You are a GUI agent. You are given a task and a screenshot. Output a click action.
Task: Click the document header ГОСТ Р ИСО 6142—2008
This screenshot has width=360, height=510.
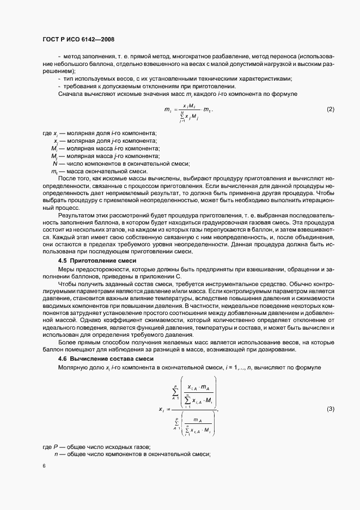tap(77, 40)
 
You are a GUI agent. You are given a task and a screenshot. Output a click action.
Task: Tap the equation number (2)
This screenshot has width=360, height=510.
tap(330, 110)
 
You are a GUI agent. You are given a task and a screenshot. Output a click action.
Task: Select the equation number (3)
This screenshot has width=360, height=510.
tap(330, 409)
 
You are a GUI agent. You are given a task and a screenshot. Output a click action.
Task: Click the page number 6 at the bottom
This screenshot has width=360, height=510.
tap(44, 466)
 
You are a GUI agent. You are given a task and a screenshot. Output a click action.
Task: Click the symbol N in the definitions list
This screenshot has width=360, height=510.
tap(55, 163)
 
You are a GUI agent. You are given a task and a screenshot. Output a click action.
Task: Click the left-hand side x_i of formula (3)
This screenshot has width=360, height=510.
tap(162, 409)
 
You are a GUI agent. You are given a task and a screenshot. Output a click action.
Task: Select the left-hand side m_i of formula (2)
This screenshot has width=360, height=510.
tap(168, 110)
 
